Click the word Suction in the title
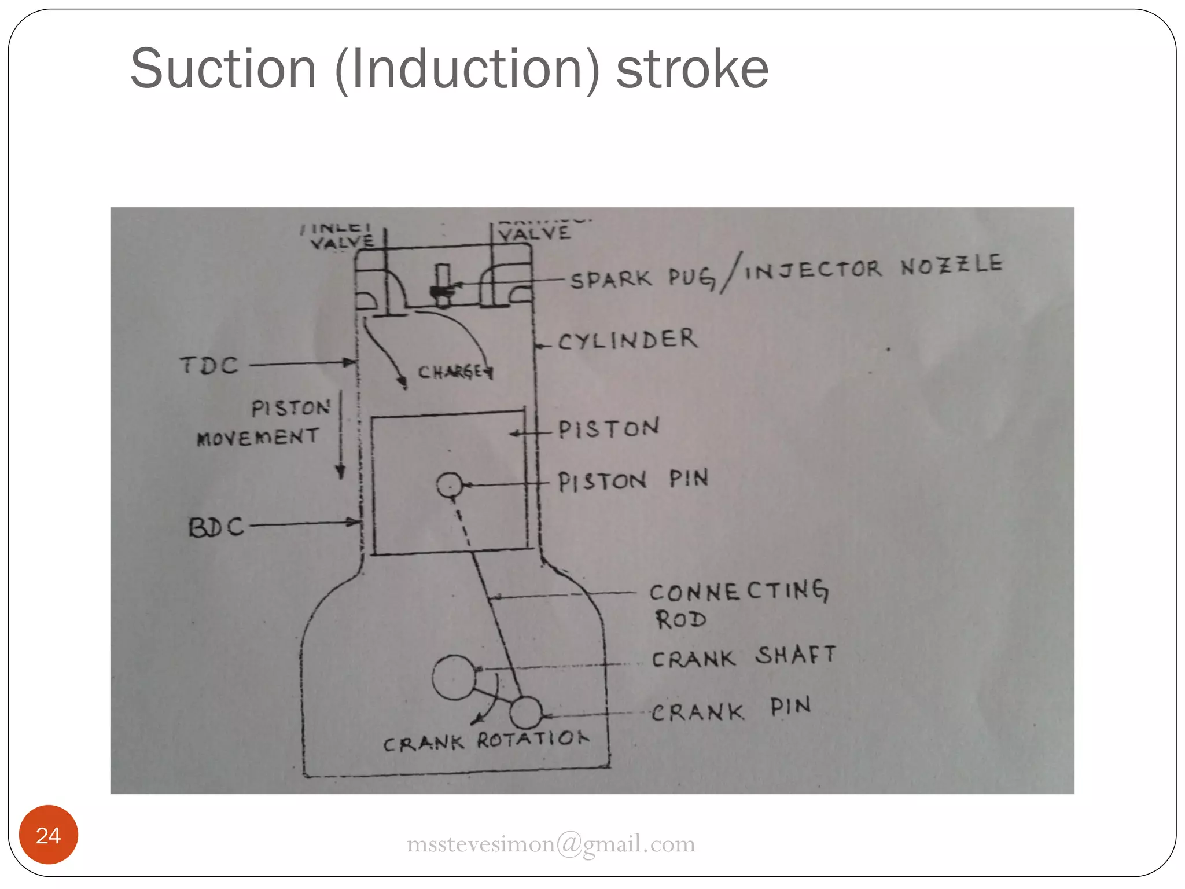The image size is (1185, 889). (x=223, y=69)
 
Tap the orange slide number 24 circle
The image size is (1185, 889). (x=48, y=835)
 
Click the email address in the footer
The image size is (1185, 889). (x=551, y=844)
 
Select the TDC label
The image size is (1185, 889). (x=209, y=366)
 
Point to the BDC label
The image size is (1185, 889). (x=216, y=527)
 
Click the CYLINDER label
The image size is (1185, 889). (x=628, y=340)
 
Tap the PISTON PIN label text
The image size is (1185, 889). (x=632, y=480)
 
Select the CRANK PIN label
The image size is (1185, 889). (x=731, y=710)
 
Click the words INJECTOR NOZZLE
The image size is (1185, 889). (x=873, y=267)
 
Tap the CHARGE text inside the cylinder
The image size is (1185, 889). (x=454, y=372)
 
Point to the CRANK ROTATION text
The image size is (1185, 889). (x=485, y=741)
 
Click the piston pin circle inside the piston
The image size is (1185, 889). (x=450, y=485)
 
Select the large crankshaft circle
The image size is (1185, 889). (x=453, y=677)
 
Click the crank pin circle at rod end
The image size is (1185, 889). (x=525, y=712)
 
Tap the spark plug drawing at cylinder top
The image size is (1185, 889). (x=443, y=286)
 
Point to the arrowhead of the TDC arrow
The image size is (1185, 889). (x=351, y=363)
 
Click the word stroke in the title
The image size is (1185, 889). (x=692, y=69)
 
